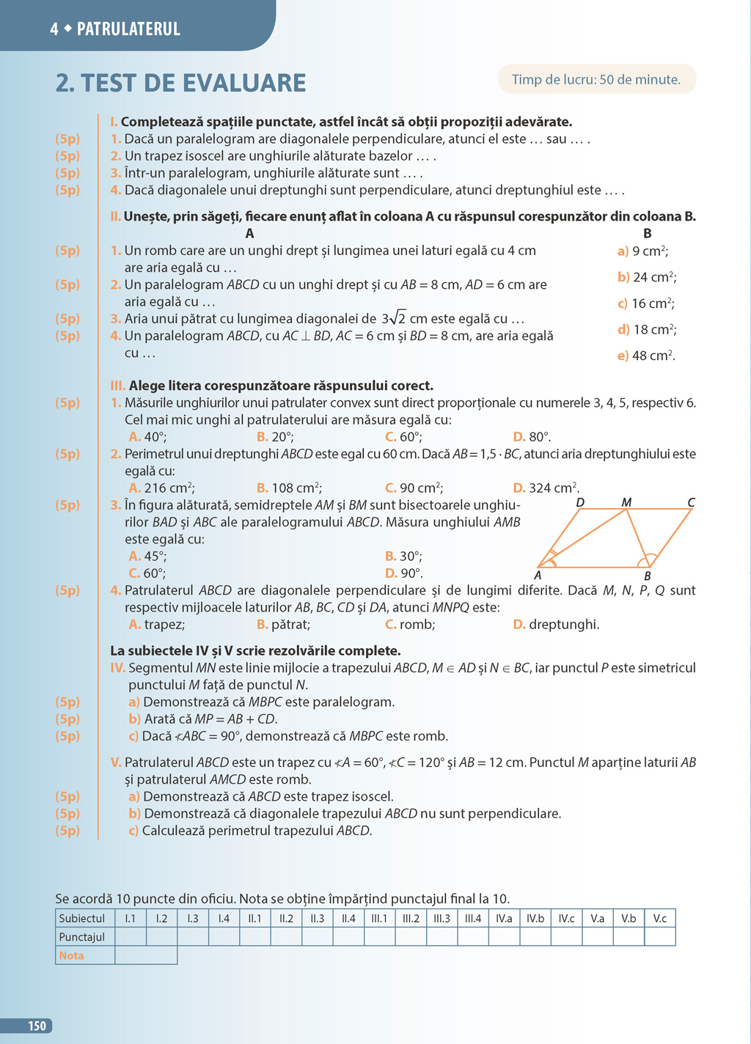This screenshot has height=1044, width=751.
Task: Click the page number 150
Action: pos(37,1026)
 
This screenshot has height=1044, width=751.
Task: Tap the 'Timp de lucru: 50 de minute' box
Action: pos(596,79)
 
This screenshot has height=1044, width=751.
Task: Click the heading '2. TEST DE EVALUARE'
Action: pos(180,83)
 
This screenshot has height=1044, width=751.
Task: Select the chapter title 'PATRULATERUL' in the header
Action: pos(128,29)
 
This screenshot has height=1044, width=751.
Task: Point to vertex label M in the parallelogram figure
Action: pos(626,502)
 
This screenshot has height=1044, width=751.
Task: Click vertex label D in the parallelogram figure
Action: pos(580,502)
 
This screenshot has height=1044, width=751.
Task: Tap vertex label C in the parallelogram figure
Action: pos(691,502)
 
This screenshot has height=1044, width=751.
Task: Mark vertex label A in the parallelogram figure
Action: pos(538,576)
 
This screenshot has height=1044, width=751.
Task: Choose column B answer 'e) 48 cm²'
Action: pos(646,356)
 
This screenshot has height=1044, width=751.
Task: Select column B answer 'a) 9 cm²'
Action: pos(642,251)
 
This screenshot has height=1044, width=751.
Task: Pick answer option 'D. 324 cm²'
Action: pos(546,488)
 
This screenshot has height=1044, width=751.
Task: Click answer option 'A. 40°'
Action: pos(147,437)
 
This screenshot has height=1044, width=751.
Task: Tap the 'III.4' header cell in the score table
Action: pos(473,918)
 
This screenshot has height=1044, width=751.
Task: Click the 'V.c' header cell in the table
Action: pos(660,918)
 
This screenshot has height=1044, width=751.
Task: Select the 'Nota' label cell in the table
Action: pos(72,955)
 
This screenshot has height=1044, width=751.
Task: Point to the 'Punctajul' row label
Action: pos(82,937)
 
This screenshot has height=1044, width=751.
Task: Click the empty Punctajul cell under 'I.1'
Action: pos(131,937)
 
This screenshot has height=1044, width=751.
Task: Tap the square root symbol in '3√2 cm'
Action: pos(397,318)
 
